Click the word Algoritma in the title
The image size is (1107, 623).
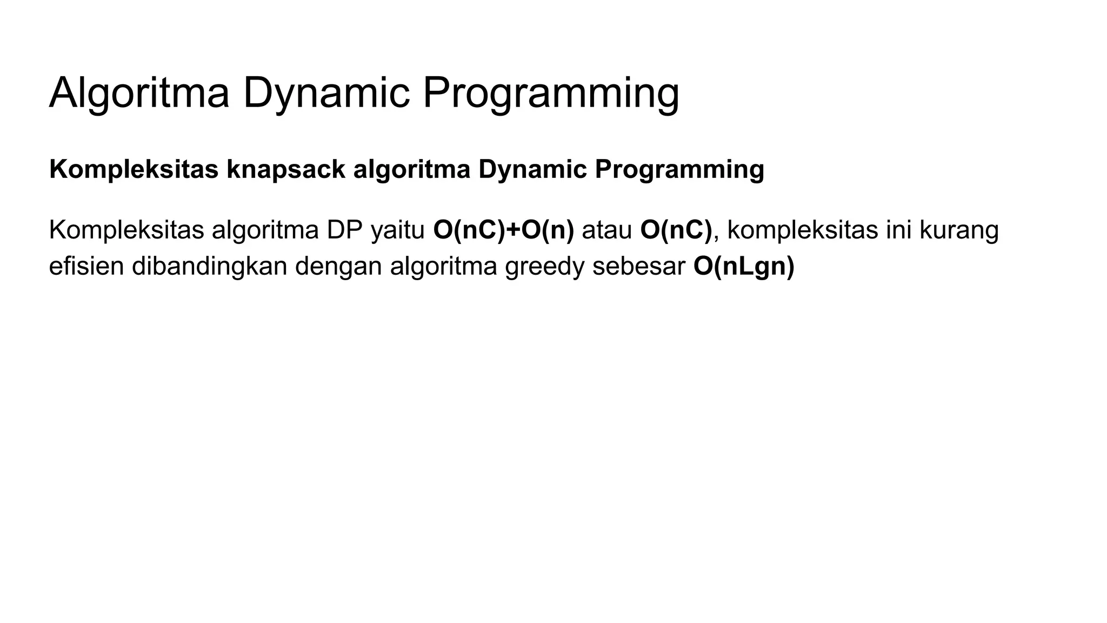pyautogui.click(x=139, y=93)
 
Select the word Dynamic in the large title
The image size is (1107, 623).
pyautogui.click(x=326, y=93)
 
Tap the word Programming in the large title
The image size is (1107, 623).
pyautogui.click(x=550, y=93)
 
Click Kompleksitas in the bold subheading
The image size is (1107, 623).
pyautogui.click(x=134, y=169)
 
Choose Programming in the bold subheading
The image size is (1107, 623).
pyautogui.click(x=679, y=169)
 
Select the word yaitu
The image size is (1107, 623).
pyautogui.click(x=398, y=230)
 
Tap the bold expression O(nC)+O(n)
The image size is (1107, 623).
pyautogui.click(x=503, y=230)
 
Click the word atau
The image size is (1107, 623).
pyautogui.click(x=606, y=230)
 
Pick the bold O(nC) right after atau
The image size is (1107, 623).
pyautogui.click(x=676, y=230)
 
